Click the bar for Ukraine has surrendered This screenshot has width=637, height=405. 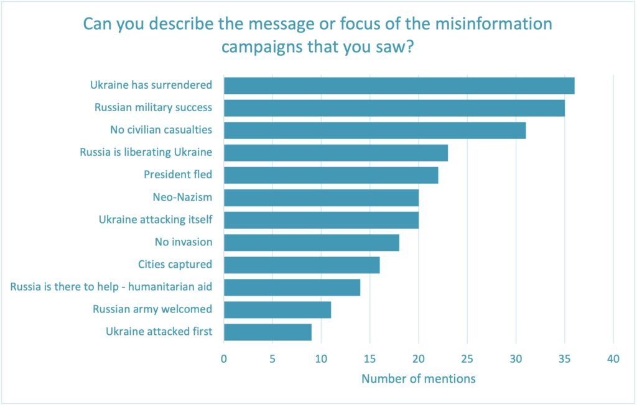coord(399,86)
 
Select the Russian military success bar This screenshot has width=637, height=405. coord(394,108)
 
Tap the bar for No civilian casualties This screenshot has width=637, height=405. coord(374,130)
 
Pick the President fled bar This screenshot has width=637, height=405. coord(330,175)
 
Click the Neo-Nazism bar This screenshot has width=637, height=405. coord(321,198)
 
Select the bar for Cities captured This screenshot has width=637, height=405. coord(302,265)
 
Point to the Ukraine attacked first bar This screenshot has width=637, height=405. coord(267,332)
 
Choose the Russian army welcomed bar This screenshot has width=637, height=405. coord(277,309)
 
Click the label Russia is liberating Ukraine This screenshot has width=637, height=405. coord(146,152)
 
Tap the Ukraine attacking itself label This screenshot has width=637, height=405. coord(156,220)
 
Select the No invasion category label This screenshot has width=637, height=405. coord(184,242)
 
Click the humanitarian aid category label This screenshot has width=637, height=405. coord(111,287)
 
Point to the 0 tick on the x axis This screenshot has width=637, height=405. coord(224,358)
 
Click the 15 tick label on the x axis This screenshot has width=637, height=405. coord(370,358)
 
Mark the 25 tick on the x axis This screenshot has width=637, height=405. coord(467,358)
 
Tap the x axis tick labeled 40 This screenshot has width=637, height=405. coord(613,358)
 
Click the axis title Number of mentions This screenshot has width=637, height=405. coord(418,378)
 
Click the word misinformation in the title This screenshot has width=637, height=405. coord(481,25)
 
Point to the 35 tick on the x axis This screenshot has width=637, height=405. coord(565,358)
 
